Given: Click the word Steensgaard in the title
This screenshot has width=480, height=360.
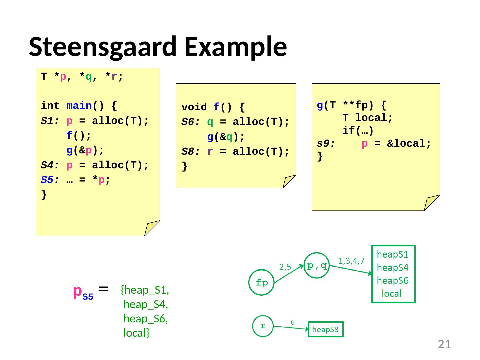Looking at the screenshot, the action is point(103,47).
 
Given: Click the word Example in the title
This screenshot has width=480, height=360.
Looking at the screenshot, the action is point(236,47).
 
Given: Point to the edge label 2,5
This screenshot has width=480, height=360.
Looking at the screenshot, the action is point(285,267).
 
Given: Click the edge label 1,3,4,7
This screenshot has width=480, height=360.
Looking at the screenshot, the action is point(351,261).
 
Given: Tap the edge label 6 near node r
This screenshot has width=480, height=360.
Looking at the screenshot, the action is point(292,322).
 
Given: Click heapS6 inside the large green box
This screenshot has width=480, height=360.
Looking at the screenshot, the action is point(392,280).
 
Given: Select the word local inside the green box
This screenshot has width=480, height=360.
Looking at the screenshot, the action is point(391,293).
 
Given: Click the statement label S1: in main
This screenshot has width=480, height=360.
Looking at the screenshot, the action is point(50,121).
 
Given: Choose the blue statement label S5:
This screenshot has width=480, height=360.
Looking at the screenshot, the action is point(50,180).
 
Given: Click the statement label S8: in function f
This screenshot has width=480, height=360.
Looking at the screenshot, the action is point(190,151).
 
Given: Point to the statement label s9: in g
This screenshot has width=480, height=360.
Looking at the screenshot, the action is point(326,143).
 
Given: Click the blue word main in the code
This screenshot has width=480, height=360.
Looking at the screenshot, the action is point(79,106).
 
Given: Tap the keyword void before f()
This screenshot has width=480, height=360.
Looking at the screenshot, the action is point(194,107).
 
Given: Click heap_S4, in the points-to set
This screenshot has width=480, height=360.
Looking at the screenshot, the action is point(145,304).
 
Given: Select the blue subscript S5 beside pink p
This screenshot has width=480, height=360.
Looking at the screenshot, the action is point(88,296).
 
